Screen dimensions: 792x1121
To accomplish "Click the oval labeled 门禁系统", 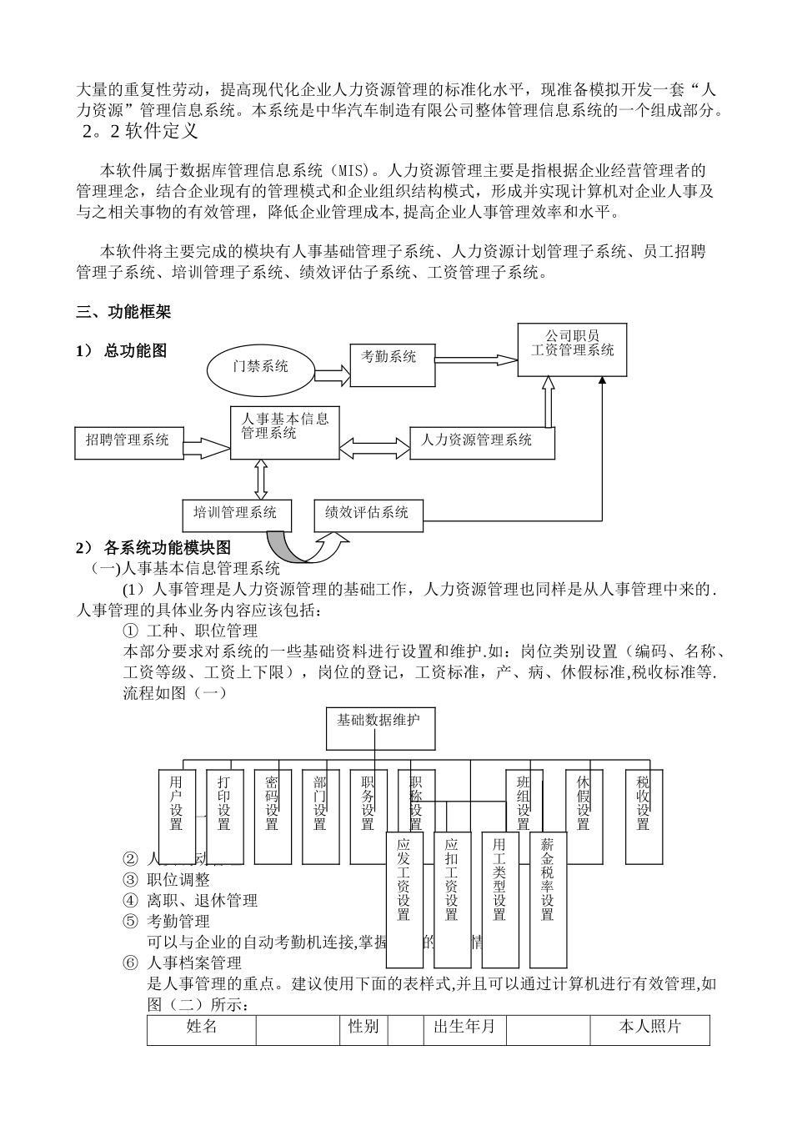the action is (260, 366).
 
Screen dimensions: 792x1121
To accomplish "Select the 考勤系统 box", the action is (392, 363).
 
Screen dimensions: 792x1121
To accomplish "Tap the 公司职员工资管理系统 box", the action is (572, 349).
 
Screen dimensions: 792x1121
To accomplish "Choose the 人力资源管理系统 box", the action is (482, 441).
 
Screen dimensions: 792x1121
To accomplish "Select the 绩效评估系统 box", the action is (368, 513).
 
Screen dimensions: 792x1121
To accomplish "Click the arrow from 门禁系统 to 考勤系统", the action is (332, 371).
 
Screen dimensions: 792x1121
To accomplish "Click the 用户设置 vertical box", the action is (176, 814).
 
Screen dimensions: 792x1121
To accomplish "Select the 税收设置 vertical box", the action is (643, 814).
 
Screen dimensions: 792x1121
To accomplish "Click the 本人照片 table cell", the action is (649, 1028).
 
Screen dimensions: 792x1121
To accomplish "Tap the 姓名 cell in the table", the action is (201, 1028).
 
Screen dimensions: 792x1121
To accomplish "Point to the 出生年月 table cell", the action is (464, 1028).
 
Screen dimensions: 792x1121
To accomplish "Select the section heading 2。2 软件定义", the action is (139, 132).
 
